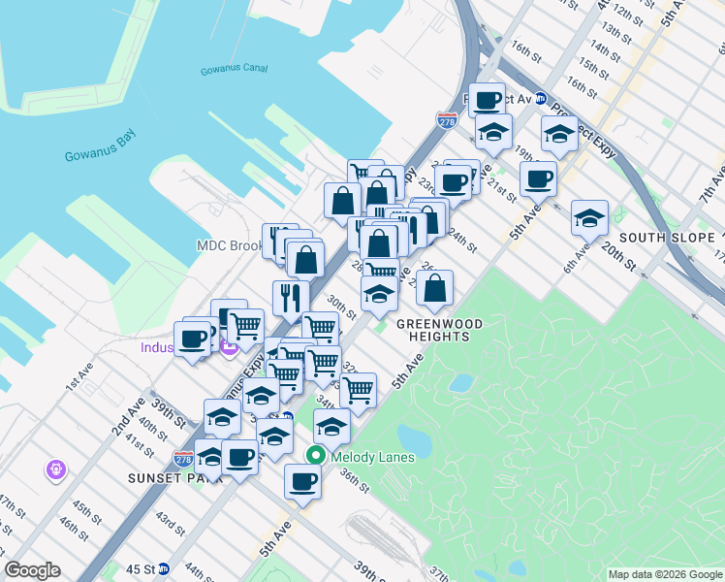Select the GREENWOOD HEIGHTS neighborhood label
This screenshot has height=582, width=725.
(432, 330)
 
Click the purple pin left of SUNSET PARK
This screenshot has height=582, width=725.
(56, 470)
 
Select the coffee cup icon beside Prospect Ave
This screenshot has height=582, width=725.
(488, 99)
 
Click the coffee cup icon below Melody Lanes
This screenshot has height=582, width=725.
(303, 479)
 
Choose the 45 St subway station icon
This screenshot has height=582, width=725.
(165, 569)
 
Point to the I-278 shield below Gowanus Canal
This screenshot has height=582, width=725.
(447, 119)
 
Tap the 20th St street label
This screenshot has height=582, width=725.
(616, 257)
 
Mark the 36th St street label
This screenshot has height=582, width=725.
(355, 481)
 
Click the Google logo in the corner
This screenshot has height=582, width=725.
(32, 570)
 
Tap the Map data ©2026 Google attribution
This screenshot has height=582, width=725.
(665, 574)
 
